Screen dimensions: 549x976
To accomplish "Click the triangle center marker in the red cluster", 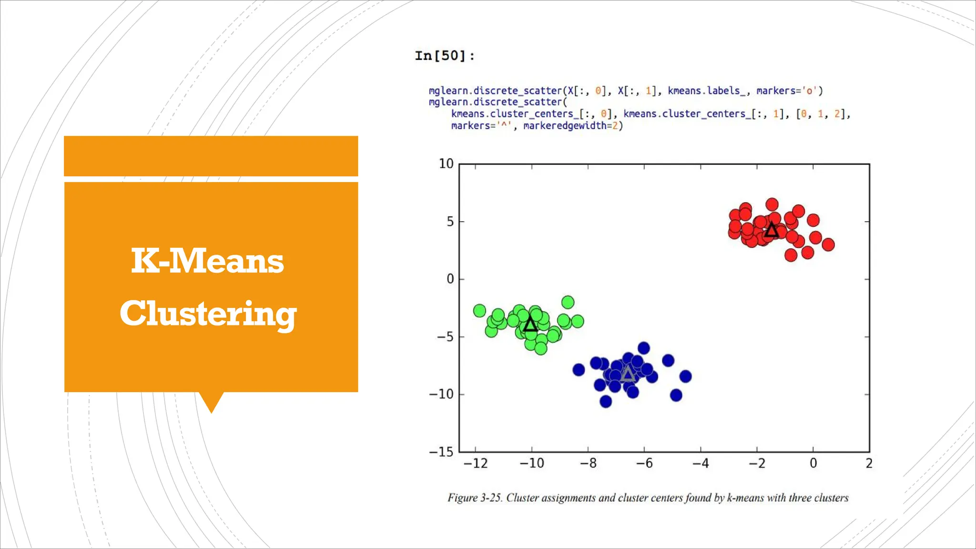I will (x=772, y=231).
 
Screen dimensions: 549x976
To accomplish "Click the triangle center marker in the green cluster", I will (x=530, y=325).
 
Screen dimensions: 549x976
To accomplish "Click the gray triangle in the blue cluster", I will (x=628, y=374).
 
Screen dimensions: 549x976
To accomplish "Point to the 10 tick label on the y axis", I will (x=446, y=164).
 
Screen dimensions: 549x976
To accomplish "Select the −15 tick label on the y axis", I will (x=442, y=452).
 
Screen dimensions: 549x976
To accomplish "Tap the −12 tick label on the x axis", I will (x=475, y=463).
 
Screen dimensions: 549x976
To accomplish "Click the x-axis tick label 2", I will (x=869, y=463).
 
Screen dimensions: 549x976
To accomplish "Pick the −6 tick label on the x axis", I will (x=644, y=463).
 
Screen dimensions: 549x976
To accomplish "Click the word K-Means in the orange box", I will (x=207, y=261).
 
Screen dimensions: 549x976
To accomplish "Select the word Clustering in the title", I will (x=208, y=314).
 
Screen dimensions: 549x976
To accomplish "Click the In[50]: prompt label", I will (x=444, y=56).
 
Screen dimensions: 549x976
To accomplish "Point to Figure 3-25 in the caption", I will (x=474, y=498).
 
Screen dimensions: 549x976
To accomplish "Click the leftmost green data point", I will (x=479, y=311).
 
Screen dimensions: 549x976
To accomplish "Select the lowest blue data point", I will (x=606, y=402).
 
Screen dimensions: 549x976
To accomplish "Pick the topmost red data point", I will (x=772, y=205).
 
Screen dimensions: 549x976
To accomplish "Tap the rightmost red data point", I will (x=828, y=245).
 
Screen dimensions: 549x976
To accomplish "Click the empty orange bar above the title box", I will (x=211, y=156).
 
